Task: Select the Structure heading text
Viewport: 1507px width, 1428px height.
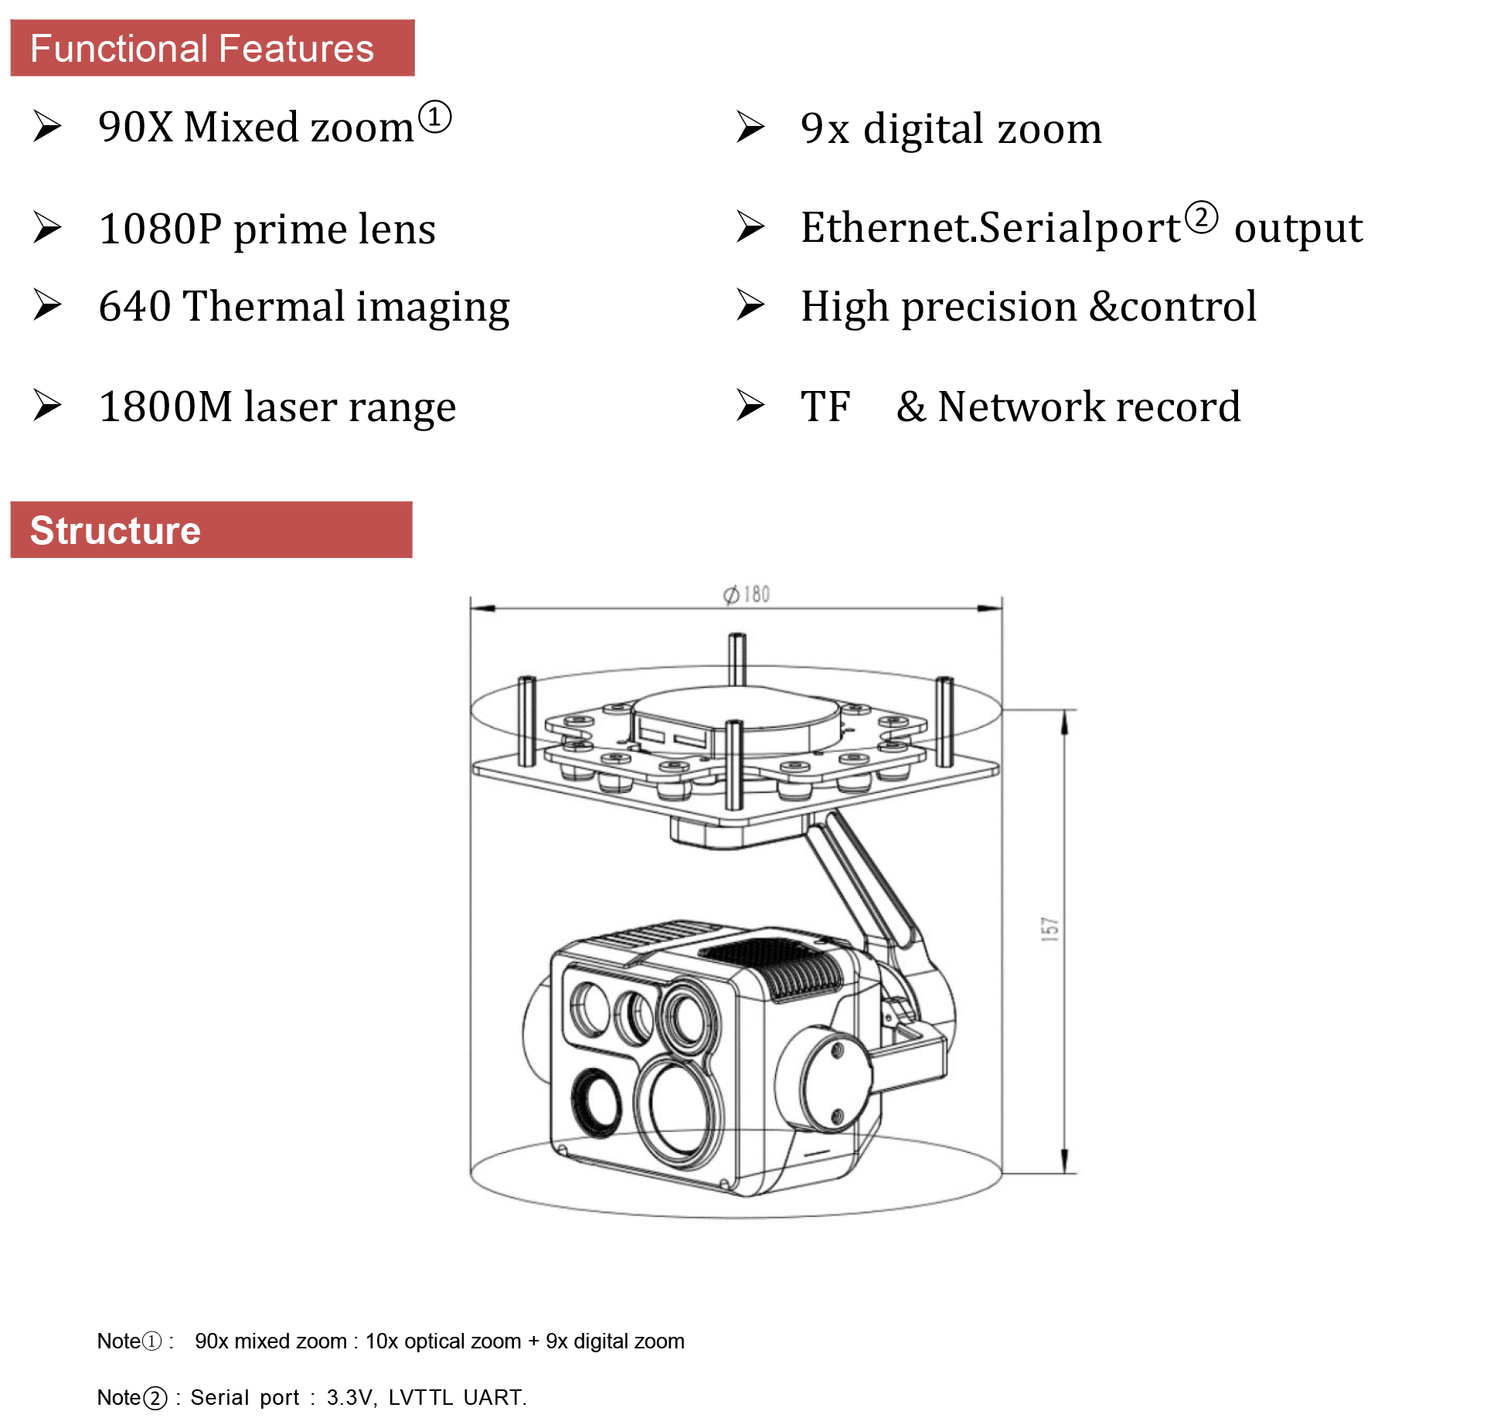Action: [115, 531]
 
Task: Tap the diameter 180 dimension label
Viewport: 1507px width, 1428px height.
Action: [747, 594]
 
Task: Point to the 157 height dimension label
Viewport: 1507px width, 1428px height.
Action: [1049, 928]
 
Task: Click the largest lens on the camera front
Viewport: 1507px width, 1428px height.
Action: [678, 1110]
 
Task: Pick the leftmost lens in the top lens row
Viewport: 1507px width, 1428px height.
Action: [590, 1008]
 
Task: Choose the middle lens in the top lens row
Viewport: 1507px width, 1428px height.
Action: [634, 1016]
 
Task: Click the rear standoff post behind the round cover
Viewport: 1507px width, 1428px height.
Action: [737, 658]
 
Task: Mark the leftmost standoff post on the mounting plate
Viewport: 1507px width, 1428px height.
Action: [526, 720]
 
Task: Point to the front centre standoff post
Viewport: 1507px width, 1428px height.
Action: [733, 765]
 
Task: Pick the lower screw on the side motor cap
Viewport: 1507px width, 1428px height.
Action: [837, 1115]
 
